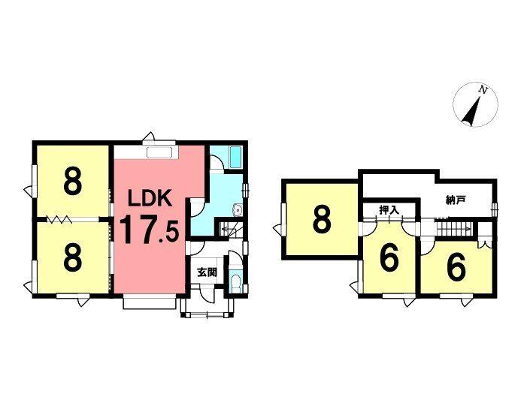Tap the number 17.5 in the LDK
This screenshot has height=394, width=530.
pos(150,230)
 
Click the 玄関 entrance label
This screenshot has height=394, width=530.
pos(207,272)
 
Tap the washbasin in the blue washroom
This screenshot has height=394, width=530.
pos(238,210)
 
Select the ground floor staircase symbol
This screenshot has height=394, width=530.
pos(229,229)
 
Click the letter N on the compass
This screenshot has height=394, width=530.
pos(485,92)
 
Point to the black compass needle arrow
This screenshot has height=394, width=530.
pos(473,112)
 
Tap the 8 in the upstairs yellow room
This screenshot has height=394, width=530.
pos(322,219)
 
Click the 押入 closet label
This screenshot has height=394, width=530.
pos(388,211)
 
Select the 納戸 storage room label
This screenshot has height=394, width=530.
pos(456,200)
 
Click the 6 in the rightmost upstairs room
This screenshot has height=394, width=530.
pos(455,266)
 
